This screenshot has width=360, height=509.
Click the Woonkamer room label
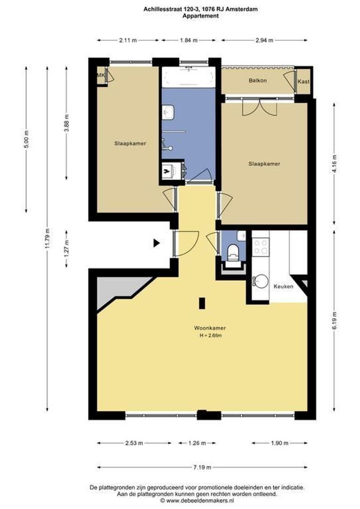pyautogui.click(x=210, y=328)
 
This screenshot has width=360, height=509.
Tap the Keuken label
pyautogui.click(x=283, y=287)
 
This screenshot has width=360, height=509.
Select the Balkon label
pyautogui.click(x=258, y=80)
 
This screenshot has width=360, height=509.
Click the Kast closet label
pyautogui.click(x=303, y=82)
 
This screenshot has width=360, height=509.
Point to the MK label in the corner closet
pyautogui.click(x=101, y=75)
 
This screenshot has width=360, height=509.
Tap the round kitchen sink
pyautogui.click(x=261, y=281)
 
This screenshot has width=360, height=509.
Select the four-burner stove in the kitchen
pyautogui.click(x=261, y=246)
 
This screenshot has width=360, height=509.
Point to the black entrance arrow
pyautogui.click(x=157, y=243)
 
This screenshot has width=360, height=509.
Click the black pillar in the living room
pyautogui.click(x=202, y=303)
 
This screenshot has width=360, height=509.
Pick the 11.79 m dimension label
pyautogui.click(x=48, y=238)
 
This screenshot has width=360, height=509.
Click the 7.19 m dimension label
pyautogui.click(x=202, y=468)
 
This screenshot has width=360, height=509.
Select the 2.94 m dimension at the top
pyautogui.click(x=264, y=40)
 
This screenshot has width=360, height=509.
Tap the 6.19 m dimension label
pyautogui.click(x=335, y=321)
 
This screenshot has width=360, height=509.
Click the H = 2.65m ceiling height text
pyautogui.click(x=210, y=336)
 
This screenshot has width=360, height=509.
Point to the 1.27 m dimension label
pyautogui.click(x=66, y=249)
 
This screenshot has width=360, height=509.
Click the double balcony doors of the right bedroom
pyautogui.click(x=260, y=107)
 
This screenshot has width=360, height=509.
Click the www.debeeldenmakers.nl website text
pyautogui.click(x=200, y=501)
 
